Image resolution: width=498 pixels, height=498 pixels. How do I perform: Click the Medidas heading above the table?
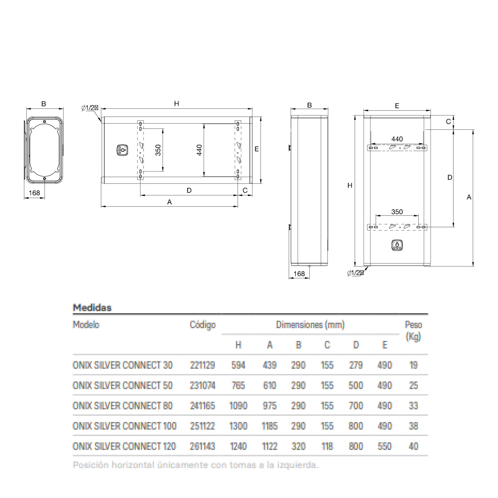[x=92, y=307]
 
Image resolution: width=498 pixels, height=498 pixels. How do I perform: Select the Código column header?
[x=203, y=325]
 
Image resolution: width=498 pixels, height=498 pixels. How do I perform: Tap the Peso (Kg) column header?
[x=413, y=330]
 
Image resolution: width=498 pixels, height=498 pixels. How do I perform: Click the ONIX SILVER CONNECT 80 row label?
[x=122, y=405]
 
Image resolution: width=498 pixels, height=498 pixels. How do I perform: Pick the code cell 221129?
[x=202, y=365]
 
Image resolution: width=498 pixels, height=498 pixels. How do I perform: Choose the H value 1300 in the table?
[x=238, y=426]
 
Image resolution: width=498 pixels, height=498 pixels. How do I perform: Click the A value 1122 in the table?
[x=270, y=446]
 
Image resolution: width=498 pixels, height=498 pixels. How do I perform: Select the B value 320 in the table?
[x=298, y=446]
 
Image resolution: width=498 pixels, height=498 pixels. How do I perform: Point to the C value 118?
[x=327, y=446]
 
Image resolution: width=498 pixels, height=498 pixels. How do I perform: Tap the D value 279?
[x=356, y=365]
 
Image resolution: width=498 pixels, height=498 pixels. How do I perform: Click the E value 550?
[x=384, y=446]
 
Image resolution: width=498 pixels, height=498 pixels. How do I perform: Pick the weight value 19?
[x=413, y=365]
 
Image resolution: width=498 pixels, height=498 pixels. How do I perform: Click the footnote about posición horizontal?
[x=195, y=465]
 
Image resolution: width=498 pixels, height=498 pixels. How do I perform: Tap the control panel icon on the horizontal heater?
[x=122, y=150]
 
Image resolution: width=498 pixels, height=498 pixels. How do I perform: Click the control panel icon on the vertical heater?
[x=397, y=245]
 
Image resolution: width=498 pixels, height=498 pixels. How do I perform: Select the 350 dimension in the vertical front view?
[x=397, y=212]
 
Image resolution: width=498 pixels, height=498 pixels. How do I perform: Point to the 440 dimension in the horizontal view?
[x=199, y=150]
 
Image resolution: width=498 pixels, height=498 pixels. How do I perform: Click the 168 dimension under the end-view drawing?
[x=34, y=193]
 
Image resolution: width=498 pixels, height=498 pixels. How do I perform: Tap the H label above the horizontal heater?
[x=176, y=104]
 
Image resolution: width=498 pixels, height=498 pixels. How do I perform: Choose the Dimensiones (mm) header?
[x=310, y=325]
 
